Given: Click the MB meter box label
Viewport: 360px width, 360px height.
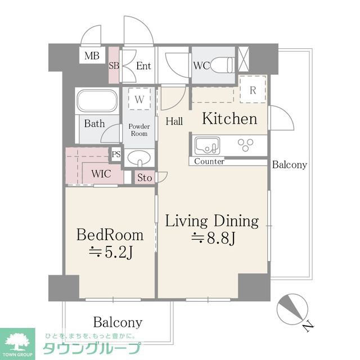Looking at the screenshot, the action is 92,56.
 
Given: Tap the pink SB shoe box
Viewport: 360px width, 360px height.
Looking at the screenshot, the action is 114,65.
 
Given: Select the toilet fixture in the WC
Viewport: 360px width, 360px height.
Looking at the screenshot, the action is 222,65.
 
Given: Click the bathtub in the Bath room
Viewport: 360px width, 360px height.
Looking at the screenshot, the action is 97,101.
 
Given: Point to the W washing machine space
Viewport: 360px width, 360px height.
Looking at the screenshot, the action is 139,99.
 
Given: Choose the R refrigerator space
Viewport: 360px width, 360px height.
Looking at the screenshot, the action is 253,89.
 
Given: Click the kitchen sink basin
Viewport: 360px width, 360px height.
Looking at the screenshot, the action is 207,146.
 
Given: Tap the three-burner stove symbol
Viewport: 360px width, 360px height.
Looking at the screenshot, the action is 245,145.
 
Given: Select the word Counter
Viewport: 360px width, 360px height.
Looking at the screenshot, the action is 209,161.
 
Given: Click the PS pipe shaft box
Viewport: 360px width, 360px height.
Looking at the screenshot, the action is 116,154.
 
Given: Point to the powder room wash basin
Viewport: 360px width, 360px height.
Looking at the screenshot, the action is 139,158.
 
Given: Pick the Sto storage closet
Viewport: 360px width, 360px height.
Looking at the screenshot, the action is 145,178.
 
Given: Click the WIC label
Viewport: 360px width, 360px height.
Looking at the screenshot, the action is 101,174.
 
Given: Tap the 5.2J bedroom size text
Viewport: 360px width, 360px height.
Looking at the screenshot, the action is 111,253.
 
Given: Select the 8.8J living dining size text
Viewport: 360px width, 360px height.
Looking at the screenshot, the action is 213,238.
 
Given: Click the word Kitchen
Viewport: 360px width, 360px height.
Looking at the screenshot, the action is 229,119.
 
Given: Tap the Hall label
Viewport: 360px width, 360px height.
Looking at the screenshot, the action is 174,121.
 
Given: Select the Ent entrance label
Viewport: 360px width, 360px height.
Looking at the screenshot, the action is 143,66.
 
